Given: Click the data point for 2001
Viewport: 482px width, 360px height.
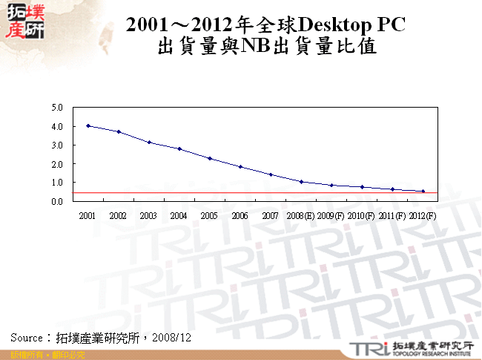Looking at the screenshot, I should point(88,126).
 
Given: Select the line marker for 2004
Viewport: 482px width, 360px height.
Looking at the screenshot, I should point(179,148).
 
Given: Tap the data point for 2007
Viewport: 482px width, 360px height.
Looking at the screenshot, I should point(271,174).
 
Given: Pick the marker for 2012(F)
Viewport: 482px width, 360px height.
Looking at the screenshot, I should point(423,192).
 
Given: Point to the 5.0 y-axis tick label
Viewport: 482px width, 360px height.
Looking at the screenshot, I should point(57,108).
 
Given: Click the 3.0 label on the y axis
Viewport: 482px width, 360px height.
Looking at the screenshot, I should point(57,145).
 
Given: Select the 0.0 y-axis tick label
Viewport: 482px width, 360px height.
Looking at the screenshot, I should point(57,201).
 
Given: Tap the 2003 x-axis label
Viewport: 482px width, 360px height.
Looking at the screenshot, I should point(148,216).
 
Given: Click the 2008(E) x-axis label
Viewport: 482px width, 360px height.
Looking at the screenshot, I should point(301,216).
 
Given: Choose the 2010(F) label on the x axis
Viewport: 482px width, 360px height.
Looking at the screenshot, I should point(362,216).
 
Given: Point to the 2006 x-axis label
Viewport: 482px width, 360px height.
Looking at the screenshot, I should point(240,216).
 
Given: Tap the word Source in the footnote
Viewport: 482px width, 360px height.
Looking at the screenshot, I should point(26,337).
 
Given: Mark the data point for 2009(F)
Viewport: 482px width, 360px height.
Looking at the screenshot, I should point(331,186).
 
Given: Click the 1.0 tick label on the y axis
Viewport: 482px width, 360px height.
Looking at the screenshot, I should point(57,183).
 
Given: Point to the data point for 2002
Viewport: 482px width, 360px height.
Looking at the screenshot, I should point(119,131).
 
